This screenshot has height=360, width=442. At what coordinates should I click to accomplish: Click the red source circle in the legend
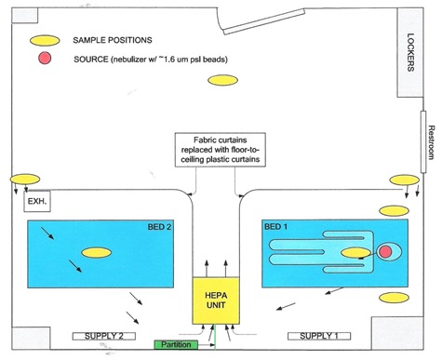pyautogui.click(x=45, y=58)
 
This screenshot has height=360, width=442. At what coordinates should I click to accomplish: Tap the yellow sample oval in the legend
pyautogui.click(x=45, y=41)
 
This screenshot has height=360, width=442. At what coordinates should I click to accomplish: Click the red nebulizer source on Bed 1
pyautogui.click(x=385, y=251)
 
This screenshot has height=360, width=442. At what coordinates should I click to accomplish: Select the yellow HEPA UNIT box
pyautogui.click(x=216, y=300)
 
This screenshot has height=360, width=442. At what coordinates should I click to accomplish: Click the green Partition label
pyautogui.click(x=176, y=344)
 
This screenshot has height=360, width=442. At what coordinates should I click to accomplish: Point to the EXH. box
pyautogui.click(x=37, y=202)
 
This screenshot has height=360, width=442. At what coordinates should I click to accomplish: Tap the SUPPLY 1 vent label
pyautogui.click(x=319, y=336)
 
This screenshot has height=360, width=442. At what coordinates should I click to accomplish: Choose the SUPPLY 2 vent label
pyautogui.click(x=104, y=336)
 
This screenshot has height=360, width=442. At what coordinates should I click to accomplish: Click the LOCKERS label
pyautogui.click(x=410, y=52)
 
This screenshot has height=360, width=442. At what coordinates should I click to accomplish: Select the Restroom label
pyautogui.click(x=431, y=142)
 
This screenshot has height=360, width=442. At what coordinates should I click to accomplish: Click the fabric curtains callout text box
pyautogui.click(x=221, y=150)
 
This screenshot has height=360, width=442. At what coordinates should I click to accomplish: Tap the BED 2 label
pyautogui.click(x=159, y=227)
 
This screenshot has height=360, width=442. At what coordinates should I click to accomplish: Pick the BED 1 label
pyautogui.click(x=275, y=227)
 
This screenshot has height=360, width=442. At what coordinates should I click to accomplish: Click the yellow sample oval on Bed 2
pyautogui.click(x=96, y=253)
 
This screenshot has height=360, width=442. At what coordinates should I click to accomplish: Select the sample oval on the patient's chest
pyautogui.click(x=355, y=253)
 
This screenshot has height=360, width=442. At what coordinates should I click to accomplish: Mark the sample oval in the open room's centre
pyautogui.click(x=222, y=80)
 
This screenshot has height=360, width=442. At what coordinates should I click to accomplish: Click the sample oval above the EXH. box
pyautogui.click(x=25, y=180)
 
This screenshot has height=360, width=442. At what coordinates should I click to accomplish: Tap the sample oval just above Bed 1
pyautogui.click(x=395, y=211)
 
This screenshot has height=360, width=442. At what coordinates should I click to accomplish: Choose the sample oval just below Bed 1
pyautogui.click(x=395, y=298)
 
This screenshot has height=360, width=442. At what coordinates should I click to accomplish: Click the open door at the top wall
pyautogui.click(x=264, y=21)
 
